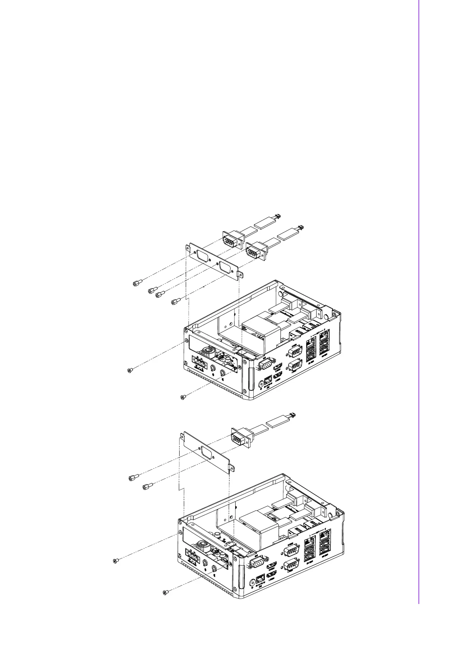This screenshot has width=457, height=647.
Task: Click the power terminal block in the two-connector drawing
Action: click(199, 362)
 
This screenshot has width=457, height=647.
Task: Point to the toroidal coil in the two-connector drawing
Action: click(210, 352)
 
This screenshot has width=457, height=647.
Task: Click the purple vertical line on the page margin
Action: click(419, 307)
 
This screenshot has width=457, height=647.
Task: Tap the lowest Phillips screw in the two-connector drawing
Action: click(183, 397)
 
